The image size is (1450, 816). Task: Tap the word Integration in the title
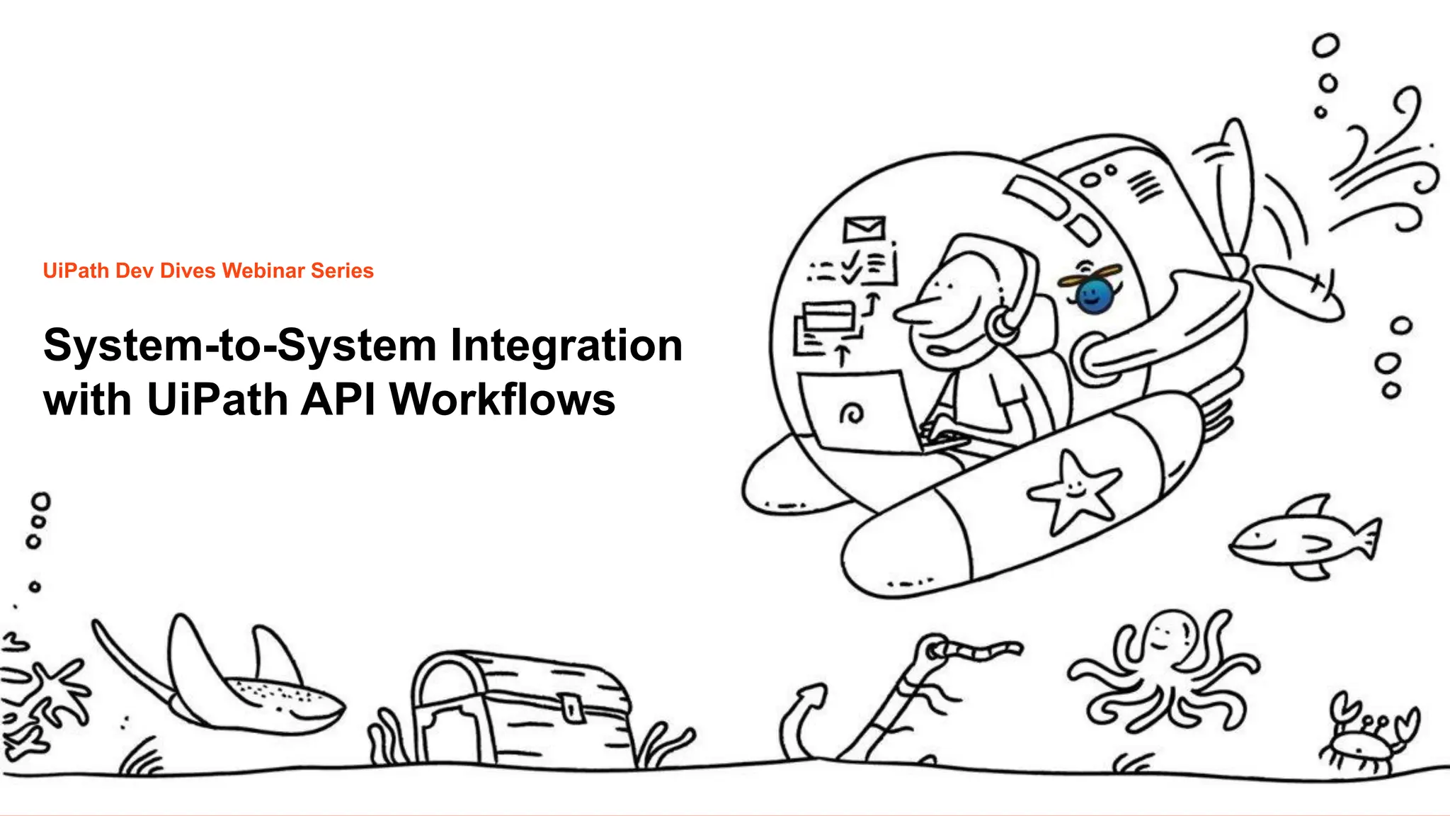pyautogui.click(x=566, y=346)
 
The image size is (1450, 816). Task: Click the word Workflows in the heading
pyautogui.click(x=502, y=400)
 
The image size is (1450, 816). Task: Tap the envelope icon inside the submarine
pyautogui.click(x=864, y=229)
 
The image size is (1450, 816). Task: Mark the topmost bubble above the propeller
pyautogui.click(x=1325, y=46)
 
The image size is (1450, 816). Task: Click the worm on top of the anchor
pyautogui.click(x=977, y=649)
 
